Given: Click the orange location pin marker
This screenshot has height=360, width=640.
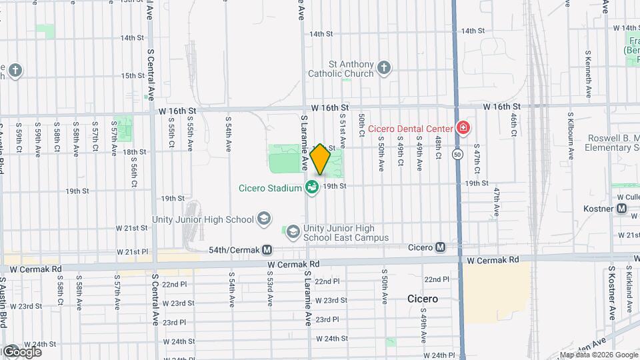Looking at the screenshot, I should pos(321,159).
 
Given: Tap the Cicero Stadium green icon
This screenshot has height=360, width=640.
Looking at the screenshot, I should pos(311,188).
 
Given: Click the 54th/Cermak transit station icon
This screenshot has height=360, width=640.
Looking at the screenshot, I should pos(267,250).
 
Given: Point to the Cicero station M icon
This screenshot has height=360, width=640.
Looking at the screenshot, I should pos(441,247).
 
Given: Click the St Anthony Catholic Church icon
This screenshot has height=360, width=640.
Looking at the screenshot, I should pos(383,67).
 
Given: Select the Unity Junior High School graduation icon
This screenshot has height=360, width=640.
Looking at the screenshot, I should pos(264,219).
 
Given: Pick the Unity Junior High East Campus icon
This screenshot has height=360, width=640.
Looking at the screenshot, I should pos(293,232).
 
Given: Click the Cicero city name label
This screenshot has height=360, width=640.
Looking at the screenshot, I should pos(423,299).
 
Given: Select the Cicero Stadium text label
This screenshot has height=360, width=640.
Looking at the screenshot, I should pos(270,188).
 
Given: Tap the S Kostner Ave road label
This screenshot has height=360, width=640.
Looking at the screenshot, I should pos(611,293).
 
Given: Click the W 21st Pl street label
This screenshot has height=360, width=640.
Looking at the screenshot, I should pos(131,252).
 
